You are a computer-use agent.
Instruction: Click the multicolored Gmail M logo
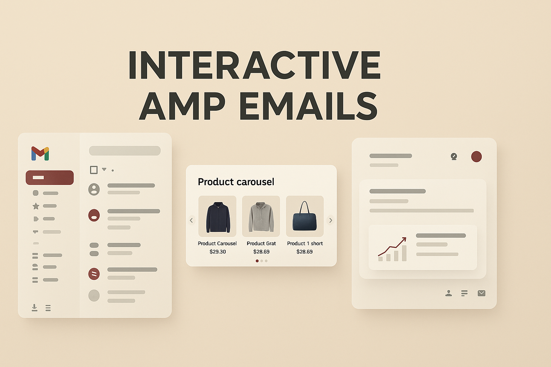click(40, 153)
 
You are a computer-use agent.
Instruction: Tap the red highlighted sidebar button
click(50, 177)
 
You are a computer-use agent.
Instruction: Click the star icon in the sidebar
click(36, 206)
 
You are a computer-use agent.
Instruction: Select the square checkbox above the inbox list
click(94, 170)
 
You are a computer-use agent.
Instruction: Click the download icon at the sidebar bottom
click(34, 308)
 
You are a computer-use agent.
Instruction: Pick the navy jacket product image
click(217, 216)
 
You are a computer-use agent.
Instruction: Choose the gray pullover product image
click(261, 216)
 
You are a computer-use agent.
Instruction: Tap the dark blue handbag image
click(305, 216)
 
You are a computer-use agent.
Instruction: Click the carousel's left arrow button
click(191, 220)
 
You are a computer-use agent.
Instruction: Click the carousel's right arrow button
click(331, 220)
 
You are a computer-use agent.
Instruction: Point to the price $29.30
click(218, 252)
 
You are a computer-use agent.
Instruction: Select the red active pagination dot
click(257, 261)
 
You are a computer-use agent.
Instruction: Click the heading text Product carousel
click(236, 182)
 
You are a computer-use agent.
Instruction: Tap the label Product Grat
click(261, 243)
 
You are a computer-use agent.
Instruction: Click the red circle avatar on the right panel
click(476, 157)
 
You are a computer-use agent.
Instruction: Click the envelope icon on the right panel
click(481, 293)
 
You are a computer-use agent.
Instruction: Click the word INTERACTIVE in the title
click(254, 65)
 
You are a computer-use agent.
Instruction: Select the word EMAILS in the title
click(308, 106)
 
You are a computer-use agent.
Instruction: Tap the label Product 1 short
click(305, 243)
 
